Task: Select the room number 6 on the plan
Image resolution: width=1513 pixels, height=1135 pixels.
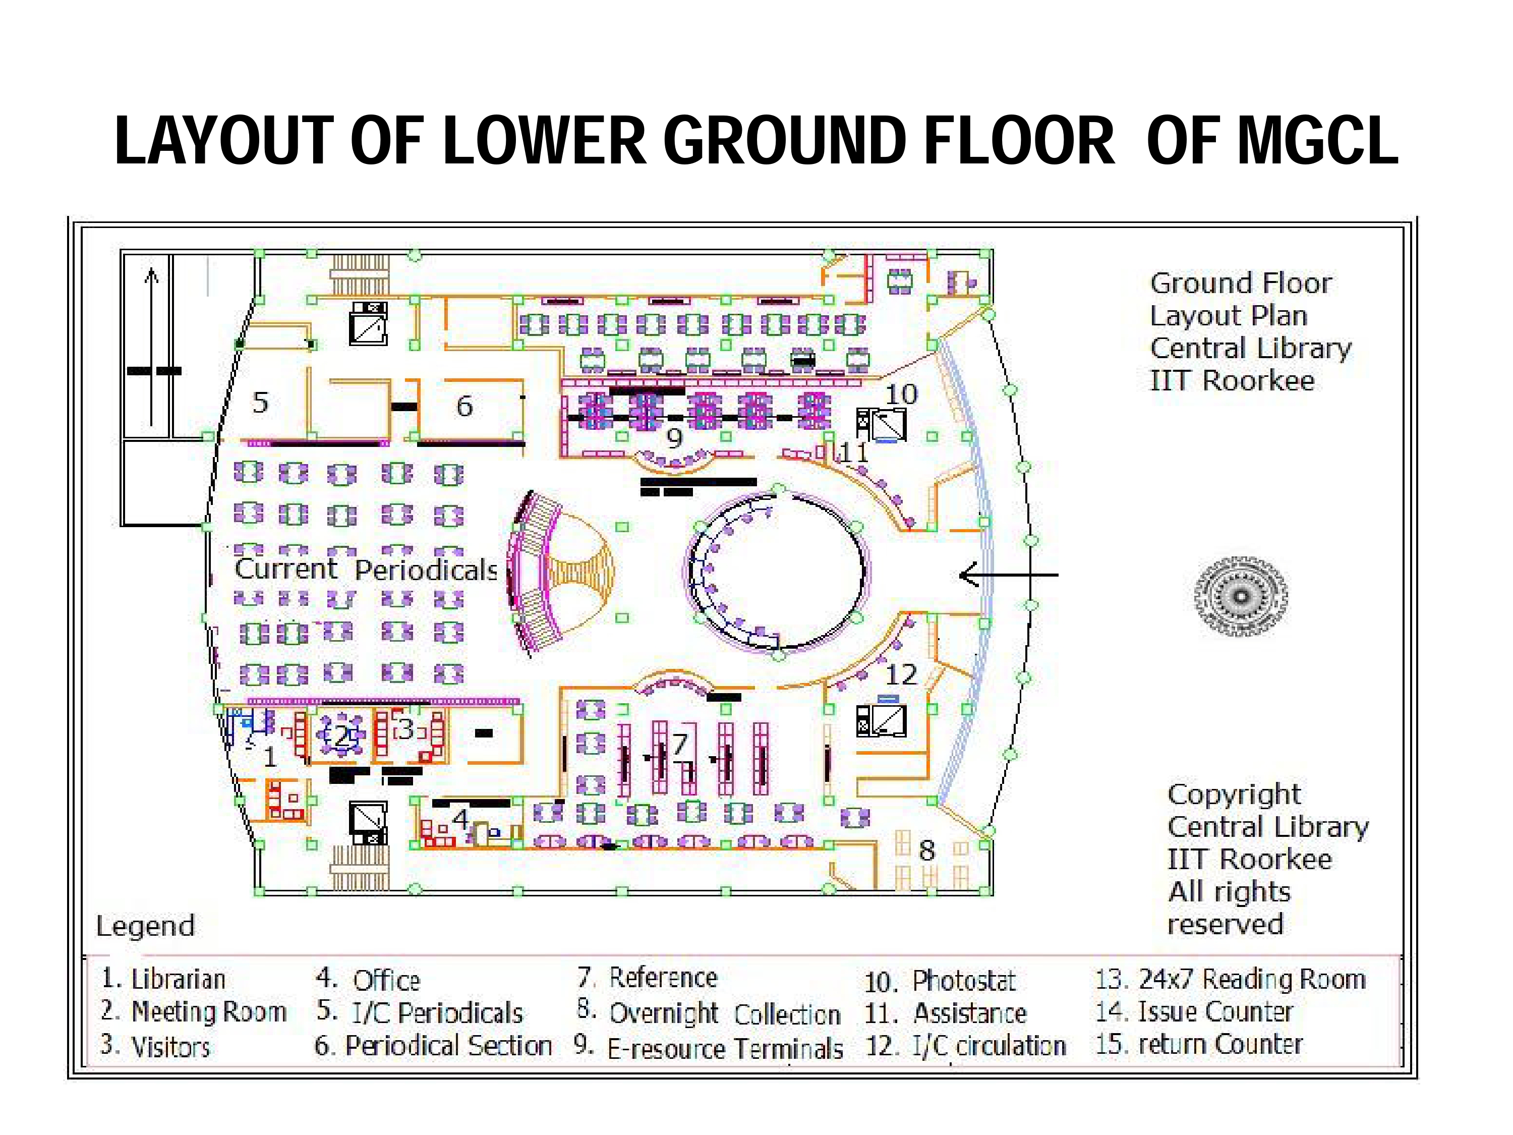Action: (464, 407)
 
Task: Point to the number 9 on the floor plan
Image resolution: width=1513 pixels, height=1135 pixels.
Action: (674, 438)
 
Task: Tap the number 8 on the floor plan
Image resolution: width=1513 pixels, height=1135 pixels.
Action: (927, 850)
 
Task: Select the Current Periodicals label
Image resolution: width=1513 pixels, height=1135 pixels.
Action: (367, 569)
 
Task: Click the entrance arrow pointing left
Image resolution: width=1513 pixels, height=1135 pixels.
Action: (1009, 576)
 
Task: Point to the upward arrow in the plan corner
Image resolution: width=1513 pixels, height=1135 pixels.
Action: (152, 347)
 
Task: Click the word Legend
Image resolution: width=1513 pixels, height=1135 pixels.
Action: (146, 926)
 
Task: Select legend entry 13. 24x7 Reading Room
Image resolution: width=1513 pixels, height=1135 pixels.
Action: (1231, 979)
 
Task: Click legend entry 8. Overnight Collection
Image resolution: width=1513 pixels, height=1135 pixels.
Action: (709, 1013)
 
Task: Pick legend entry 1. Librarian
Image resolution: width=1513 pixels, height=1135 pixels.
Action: (163, 979)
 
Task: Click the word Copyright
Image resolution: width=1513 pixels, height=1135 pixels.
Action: (1234, 794)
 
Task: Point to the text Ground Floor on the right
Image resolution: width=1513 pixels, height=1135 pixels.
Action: (1241, 283)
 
